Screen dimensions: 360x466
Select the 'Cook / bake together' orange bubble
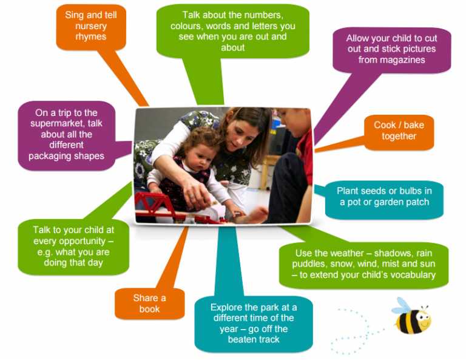399,131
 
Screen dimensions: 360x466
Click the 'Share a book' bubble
149,303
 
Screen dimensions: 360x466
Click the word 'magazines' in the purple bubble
391,60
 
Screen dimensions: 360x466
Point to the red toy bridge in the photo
161,204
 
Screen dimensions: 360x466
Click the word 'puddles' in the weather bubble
312,264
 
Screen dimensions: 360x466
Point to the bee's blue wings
401,305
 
